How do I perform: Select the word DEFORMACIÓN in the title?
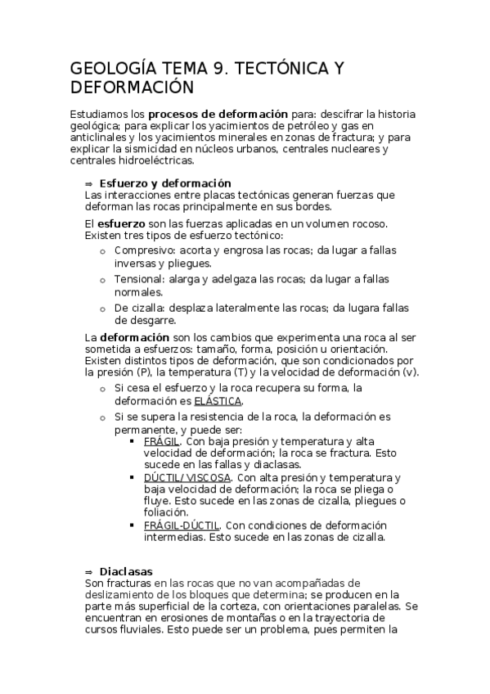click(133, 88)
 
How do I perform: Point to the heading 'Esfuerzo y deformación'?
click(165, 183)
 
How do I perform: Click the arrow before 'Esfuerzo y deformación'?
click(89, 183)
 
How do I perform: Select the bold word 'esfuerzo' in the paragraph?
click(122, 223)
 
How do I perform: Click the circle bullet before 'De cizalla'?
click(102, 309)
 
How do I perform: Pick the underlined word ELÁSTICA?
click(218, 401)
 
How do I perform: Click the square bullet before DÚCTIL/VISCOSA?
click(133, 478)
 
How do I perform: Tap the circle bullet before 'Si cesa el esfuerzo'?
click(102, 389)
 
